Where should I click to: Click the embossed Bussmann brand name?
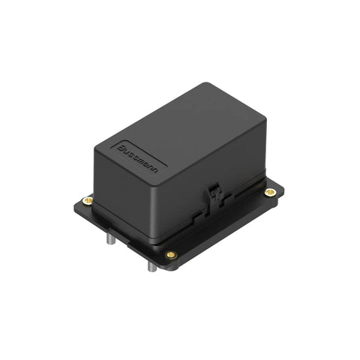pyautogui.click(x=137, y=158)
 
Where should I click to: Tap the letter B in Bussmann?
pyautogui.click(x=121, y=148)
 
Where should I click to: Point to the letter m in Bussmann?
pyautogui.click(x=144, y=163)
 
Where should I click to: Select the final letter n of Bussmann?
pyautogui.click(x=155, y=171)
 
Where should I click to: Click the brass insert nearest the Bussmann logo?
pyautogui.click(x=88, y=200)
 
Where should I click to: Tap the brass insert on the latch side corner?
pyautogui.click(x=270, y=192)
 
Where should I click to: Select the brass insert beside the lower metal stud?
pyautogui.click(x=171, y=255)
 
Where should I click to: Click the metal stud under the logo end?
pyautogui.click(x=110, y=238)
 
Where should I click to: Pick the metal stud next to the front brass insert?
pyautogui.click(x=152, y=266)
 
